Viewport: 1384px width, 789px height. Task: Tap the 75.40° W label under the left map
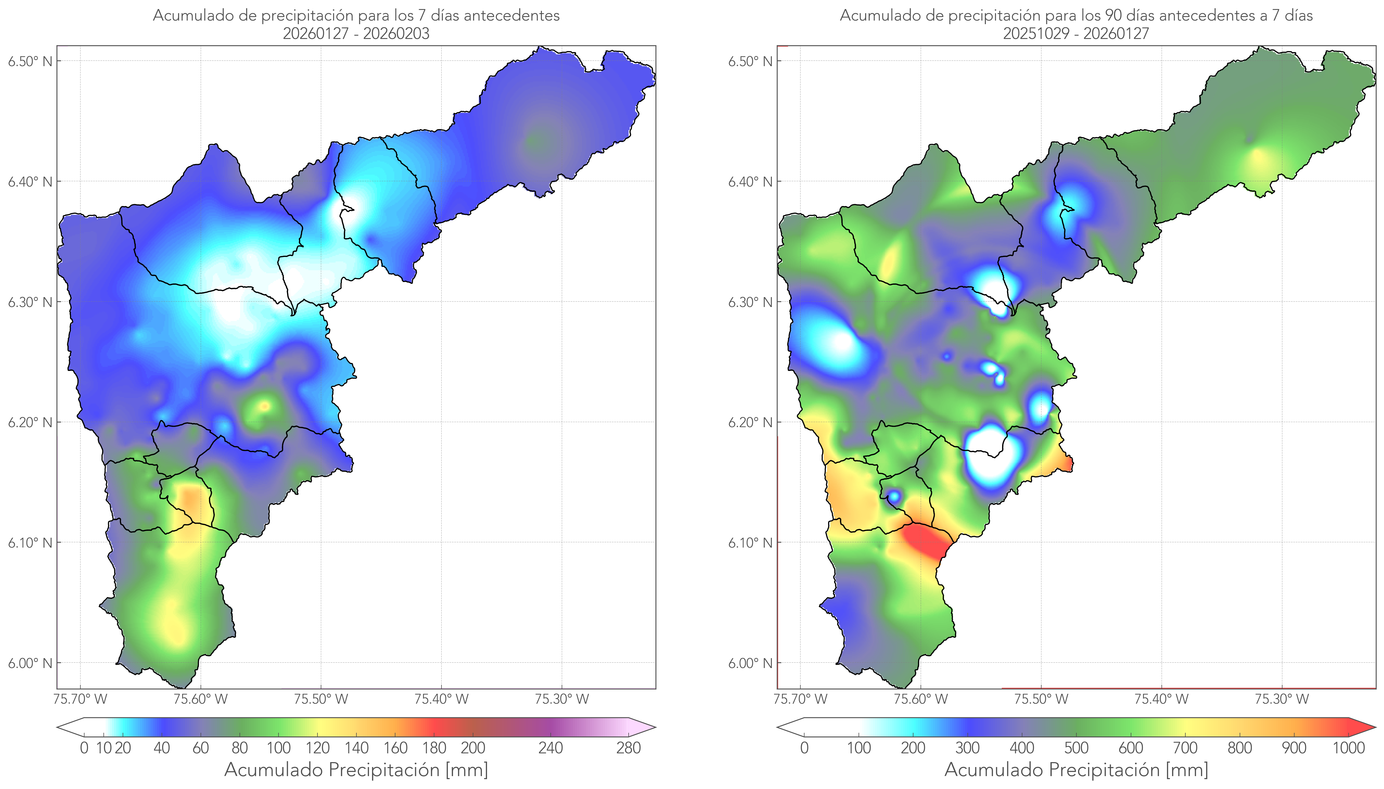point(441,699)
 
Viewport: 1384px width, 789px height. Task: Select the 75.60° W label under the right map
point(921,699)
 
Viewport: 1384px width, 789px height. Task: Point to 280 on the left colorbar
point(629,748)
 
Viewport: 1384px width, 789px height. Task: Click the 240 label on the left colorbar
point(551,748)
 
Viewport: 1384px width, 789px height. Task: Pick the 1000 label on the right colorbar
point(1348,748)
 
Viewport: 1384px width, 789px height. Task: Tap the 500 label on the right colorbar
point(1076,748)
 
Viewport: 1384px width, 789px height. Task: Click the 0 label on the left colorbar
point(84,748)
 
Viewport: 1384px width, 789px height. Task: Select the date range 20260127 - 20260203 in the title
point(356,33)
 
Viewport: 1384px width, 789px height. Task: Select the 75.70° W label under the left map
point(80,699)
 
